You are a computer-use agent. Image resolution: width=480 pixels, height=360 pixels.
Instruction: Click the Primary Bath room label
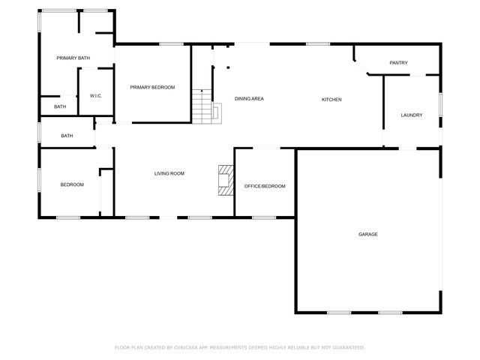pyautogui.click(x=73, y=58)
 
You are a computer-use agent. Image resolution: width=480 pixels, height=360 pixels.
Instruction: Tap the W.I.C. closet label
pyautogui.click(x=95, y=96)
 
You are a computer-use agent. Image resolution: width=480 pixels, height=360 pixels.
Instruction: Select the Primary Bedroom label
pyautogui.click(x=152, y=88)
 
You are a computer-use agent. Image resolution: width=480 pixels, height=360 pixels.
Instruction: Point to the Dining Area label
pyautogui.click(x=249, y=99)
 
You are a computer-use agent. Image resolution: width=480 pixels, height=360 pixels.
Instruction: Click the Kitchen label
pyautogui.click(x=332, y=99)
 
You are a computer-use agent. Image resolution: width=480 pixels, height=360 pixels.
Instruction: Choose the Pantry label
pyautogui.click(x=398, y=63)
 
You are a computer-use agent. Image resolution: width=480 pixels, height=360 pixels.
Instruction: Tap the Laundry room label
pyautogui.click(x=412, y=115)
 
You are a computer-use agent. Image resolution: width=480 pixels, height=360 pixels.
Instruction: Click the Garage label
pyautogui.click(x=367, y=235)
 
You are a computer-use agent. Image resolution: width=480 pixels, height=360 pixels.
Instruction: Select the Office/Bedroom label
pyautogui.click(x=265, y=186)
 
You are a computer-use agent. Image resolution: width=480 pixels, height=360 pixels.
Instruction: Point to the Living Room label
pyautogui.click(x=169, y=174)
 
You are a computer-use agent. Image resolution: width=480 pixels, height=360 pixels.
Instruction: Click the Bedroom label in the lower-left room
pyautogui.click(x=72, y=184)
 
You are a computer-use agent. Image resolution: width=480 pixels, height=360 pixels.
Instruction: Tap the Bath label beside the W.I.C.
pyautogui.click(x=60, y=107)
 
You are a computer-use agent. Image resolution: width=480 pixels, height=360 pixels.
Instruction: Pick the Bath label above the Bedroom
pyautogui.click(x=67, y=136)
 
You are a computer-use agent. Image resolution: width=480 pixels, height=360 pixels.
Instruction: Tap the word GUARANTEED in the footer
pyautogui.click(x=347, y=348)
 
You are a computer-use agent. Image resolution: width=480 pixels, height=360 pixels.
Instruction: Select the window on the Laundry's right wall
pyautogui.click(x=440, y=105)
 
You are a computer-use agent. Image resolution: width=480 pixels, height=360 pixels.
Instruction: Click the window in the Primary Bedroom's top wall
pyautogui.click(x=172, y=44)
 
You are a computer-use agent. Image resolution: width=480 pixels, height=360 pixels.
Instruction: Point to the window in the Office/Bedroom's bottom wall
pyautogui.click(x=263, y=217)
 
